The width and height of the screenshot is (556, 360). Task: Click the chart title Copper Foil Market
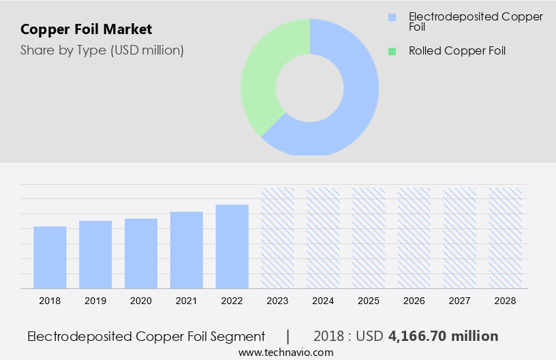87,29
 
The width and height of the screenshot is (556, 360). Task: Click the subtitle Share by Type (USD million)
102,50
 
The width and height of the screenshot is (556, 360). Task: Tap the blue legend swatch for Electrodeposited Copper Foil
391,16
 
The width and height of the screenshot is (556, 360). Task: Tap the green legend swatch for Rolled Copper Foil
391,50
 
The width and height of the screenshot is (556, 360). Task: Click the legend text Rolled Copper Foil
457,50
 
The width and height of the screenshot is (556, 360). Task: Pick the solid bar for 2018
50,257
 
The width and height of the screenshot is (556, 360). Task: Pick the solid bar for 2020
141,253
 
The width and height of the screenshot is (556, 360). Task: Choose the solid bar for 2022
232,246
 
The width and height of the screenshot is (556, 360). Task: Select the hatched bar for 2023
278,238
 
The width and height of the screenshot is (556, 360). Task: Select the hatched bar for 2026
415,238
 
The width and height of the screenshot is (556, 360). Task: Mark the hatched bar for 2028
506,238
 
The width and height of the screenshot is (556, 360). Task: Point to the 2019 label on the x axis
95,301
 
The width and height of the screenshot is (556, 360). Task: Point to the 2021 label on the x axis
187,301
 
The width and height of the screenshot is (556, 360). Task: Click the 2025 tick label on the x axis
369,301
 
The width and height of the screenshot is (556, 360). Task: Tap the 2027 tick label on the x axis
460,301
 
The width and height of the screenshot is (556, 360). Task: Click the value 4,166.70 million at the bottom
443,336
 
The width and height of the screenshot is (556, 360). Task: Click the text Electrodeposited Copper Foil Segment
146,336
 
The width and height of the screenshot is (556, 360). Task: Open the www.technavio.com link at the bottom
286,352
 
